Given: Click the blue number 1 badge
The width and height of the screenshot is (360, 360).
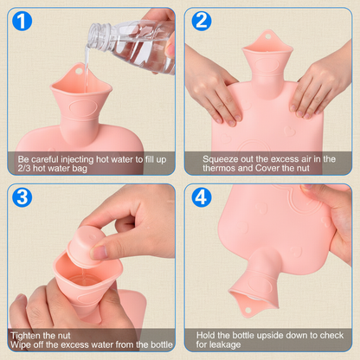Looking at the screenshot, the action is [x=22, y=21].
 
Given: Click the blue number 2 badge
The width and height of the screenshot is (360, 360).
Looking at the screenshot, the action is [x=202, y=21].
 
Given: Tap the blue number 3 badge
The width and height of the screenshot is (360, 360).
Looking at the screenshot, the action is [x=22, y=197].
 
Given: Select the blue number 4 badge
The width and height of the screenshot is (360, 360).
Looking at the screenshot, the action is [x=202, y=197].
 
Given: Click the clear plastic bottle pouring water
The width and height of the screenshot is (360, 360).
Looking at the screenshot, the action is [x=132, y=43].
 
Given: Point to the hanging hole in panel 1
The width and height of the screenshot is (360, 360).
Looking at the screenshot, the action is [x=79, y=70].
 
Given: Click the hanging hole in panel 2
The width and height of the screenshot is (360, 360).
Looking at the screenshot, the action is [x=268, y=36].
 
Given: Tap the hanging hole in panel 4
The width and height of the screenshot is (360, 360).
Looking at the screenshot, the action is [x=247, y=311].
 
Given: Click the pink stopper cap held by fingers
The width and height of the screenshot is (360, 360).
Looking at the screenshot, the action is [x=84, y=246].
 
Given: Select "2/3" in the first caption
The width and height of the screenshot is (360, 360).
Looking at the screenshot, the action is [x=24, y=169].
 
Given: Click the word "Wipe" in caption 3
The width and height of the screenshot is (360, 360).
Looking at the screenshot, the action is [x=18, y=344].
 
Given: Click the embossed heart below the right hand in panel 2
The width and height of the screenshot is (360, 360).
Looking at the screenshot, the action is [x=290, y=132].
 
